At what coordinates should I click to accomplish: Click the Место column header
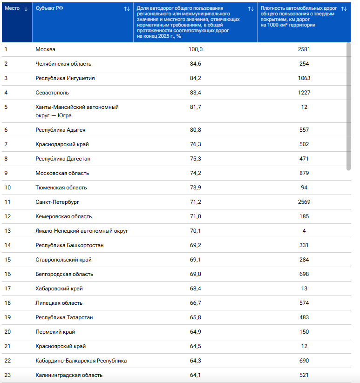[x=12, y=8]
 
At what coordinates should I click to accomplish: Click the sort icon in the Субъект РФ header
[x=127, y=9]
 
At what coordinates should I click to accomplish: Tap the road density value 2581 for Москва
[x=304, y=49]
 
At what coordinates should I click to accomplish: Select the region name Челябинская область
[x=63, y=64]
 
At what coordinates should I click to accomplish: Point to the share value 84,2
[x=196, y=78]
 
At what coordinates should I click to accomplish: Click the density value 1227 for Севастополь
[x=304, y=93]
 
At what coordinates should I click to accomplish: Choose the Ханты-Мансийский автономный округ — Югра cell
[x=77, y=111]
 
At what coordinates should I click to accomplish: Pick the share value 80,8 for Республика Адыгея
[x=196, y=130]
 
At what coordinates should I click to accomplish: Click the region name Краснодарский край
[x=62, y=144]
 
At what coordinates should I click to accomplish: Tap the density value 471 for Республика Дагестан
[x=304, y=159]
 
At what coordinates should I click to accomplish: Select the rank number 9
[x=6, y=173]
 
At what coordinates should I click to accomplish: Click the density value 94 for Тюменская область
[x=304, y=188]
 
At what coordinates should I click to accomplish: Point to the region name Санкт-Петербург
[x=57, y=202]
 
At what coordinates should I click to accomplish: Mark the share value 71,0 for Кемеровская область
[x=196, y=216]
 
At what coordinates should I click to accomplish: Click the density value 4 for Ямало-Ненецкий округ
[x=304, y=230]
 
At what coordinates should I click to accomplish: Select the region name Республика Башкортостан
[x=69, y=245]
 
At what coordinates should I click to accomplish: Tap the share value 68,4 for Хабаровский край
[x=196, y=289]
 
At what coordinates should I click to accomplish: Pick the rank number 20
[x=7, y=332]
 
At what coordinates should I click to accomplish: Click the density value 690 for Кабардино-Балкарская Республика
[x=304, y=361]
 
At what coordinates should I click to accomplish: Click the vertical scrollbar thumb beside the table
[x=348, y=107]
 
